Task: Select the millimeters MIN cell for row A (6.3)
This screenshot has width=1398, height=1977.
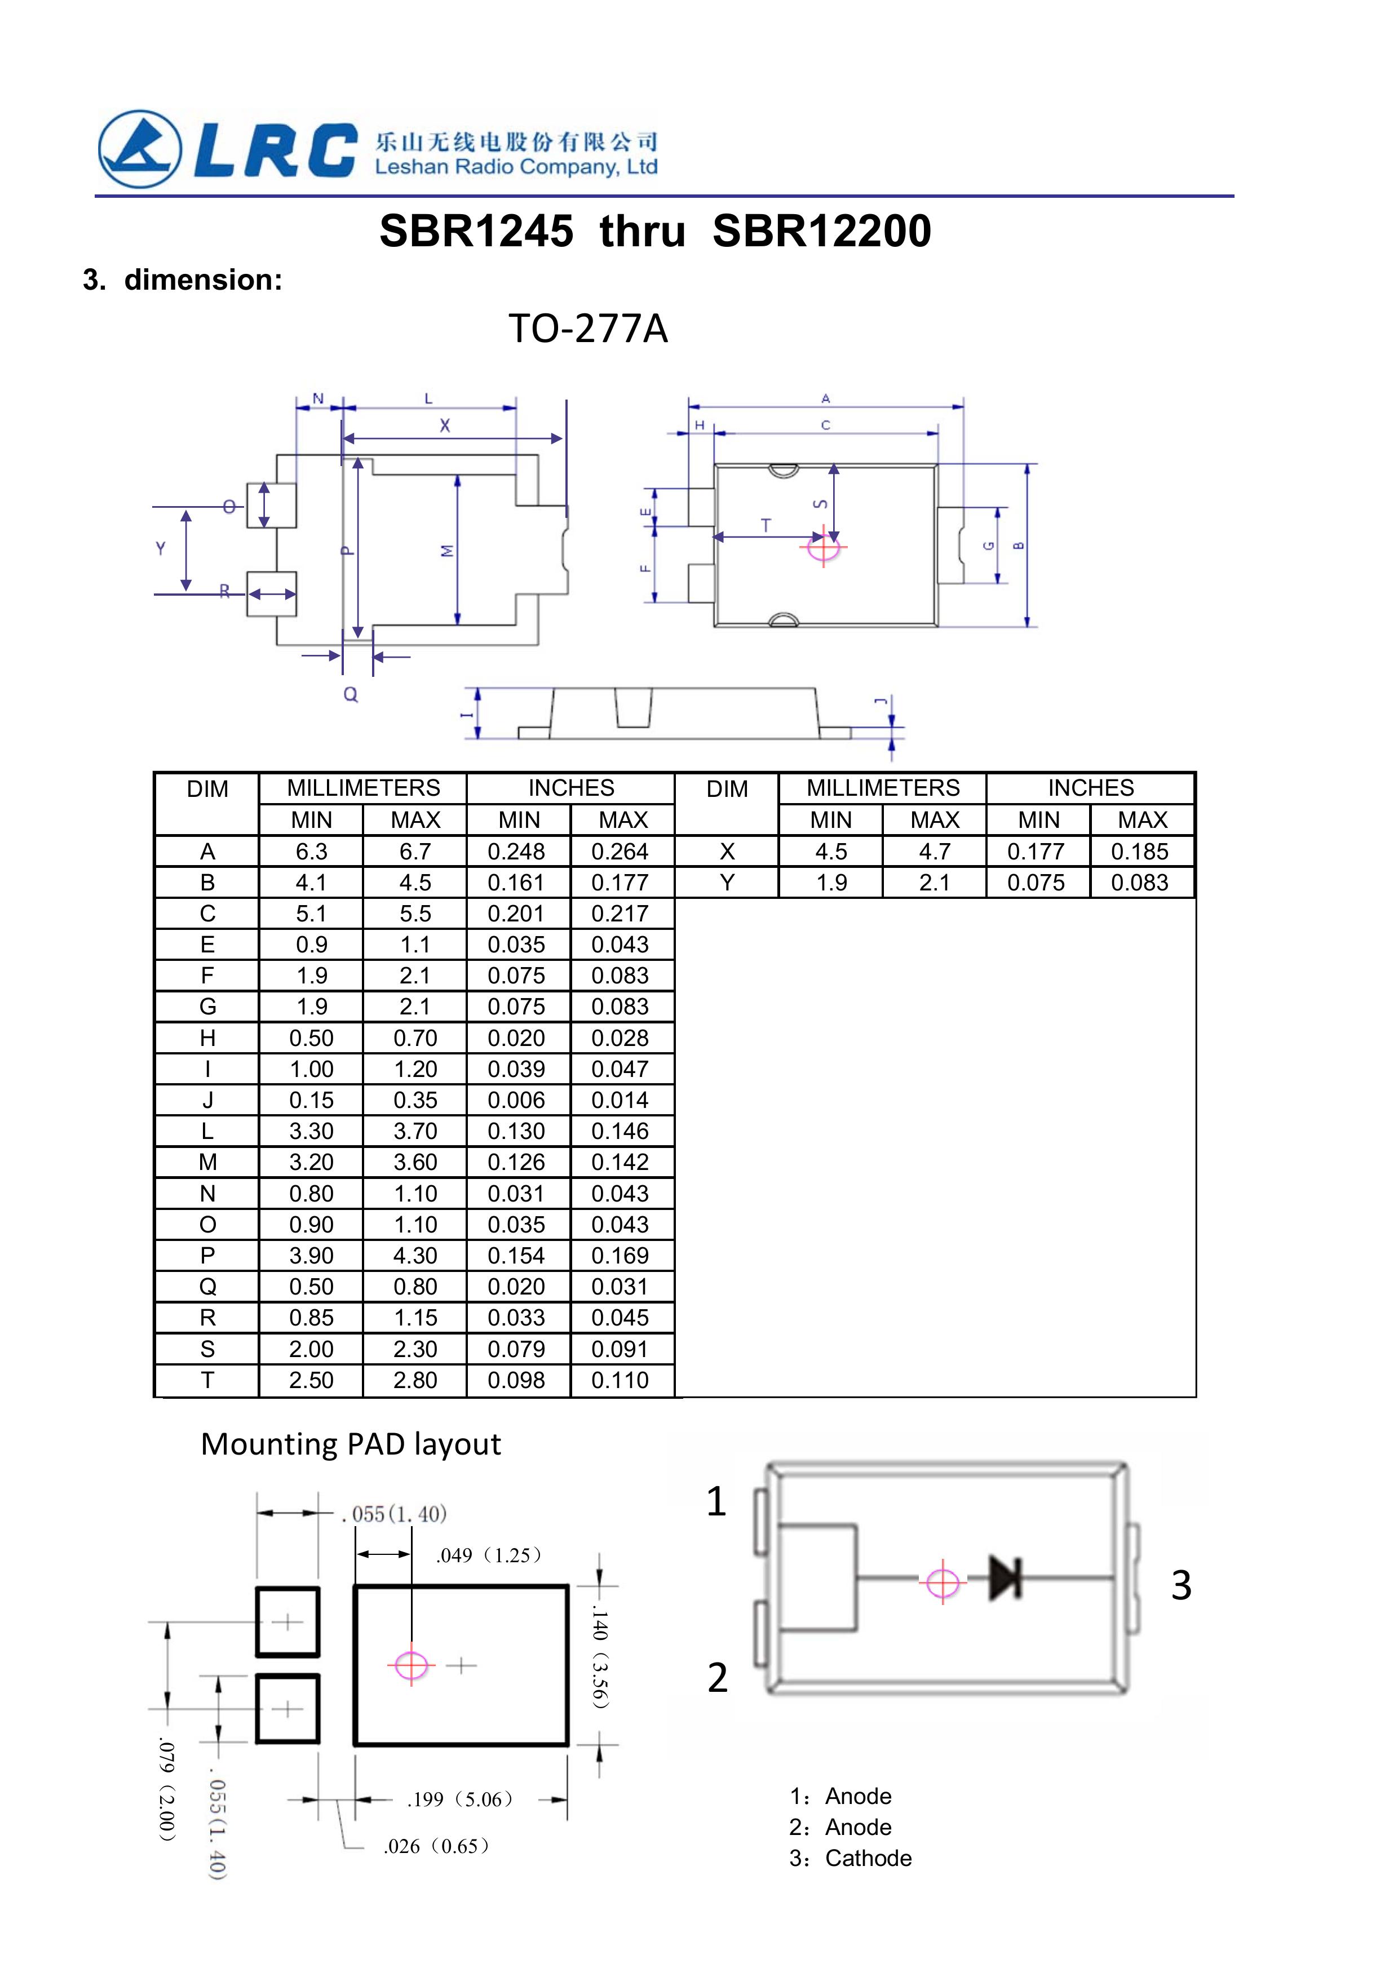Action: tap(311, 852)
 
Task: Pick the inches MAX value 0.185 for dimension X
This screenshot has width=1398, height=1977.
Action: tap(1140, 852)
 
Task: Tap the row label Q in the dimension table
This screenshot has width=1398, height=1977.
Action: tap(207, 1287)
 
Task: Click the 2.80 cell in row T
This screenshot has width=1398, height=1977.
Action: tap(415, 1380)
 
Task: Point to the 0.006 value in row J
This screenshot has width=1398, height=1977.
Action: tap(517, 1101)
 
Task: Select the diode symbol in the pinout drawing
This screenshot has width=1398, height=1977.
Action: tap(1005, 1579)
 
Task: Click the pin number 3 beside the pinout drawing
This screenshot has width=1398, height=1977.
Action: tap(1181, 1585)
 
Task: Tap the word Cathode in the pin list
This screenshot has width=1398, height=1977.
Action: tap(868, 1858)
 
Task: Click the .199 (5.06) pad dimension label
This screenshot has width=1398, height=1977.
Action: tap(461, 1799)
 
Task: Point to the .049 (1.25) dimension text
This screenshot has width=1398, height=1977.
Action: tap(488, 1555)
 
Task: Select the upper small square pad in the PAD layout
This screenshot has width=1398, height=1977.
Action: tap(287, 1623)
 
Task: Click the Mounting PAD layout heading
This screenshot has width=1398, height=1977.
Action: tap(351, 1444)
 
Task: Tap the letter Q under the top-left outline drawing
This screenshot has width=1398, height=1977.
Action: tap(351, 694)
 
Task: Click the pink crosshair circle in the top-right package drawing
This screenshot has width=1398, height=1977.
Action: tap(824, 547)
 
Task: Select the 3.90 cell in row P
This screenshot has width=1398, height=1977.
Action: tap(311, 1256)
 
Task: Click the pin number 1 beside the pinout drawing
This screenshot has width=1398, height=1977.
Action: tap(716, 1502)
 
